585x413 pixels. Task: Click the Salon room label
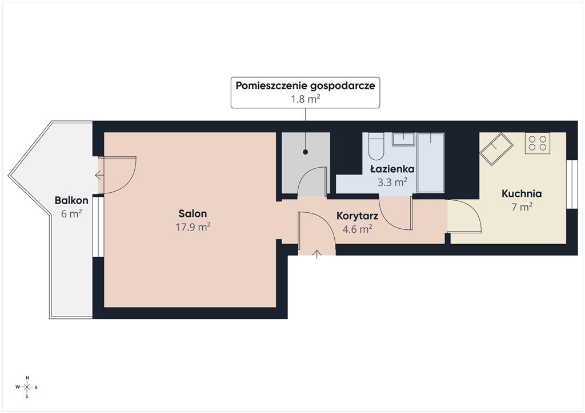193,214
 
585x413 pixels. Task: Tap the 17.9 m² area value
193,227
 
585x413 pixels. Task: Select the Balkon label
71,200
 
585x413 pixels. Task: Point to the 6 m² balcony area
71,214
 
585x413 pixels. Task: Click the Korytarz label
358,216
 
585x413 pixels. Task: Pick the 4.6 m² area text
358,229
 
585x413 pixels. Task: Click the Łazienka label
392,169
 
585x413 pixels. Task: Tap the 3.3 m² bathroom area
392,182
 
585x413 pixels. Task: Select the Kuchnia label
522,193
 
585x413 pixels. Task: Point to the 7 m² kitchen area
522,206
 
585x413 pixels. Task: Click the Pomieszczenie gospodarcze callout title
305,86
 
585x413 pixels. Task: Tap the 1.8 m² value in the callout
306,99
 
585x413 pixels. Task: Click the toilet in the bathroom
376,147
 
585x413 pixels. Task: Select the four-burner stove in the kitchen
537,143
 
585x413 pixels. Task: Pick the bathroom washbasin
403,139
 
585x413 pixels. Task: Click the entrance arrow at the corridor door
316,254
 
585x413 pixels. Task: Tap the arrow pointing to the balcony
99,175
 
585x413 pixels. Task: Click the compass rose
27,387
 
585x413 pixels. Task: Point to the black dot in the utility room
306,152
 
